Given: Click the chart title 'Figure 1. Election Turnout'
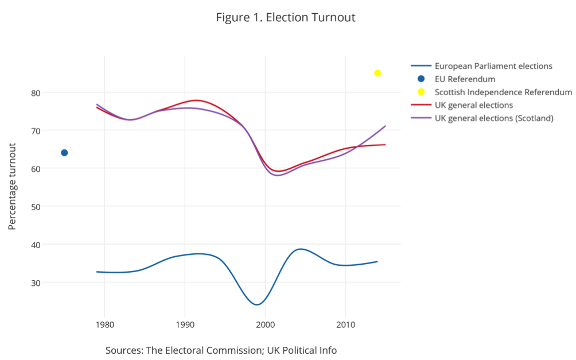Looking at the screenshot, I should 285,17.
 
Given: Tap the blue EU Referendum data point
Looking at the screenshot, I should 64,153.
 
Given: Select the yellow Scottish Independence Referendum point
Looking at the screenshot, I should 377,73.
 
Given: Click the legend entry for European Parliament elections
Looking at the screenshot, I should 493,66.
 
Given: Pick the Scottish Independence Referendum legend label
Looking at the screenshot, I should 503,92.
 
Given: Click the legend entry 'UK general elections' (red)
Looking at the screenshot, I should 473,106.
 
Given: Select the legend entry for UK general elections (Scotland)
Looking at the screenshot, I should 493,119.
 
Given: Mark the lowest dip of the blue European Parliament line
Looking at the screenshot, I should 257,304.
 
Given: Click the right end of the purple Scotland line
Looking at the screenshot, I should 385,126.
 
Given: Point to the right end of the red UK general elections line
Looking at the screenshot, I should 385,145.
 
